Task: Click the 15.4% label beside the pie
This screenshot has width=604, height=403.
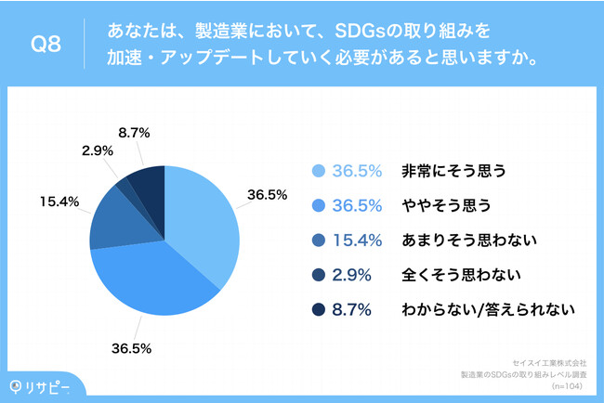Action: coord(59,200)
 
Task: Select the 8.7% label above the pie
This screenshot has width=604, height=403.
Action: coord(136,133)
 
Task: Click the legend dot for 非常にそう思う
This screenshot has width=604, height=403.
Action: coord(319,171)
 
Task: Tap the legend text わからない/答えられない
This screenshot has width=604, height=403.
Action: coord(487,308)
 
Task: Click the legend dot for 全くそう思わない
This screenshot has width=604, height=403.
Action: coord(319,274)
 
